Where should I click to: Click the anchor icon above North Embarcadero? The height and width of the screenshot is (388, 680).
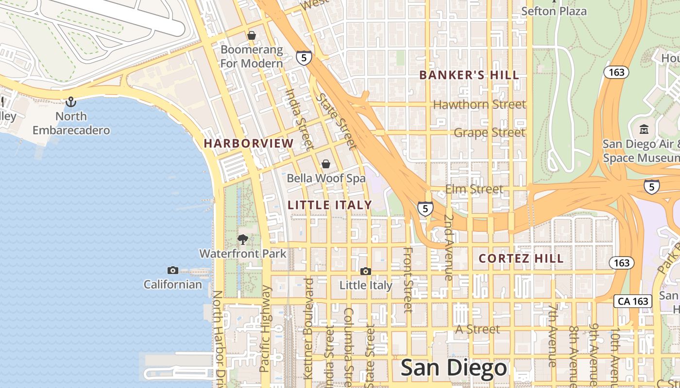click(x=71, y=102)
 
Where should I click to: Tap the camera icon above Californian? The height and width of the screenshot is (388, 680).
click(x=172, y=270)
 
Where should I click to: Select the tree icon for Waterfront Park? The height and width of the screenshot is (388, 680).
click(x=243, y=239)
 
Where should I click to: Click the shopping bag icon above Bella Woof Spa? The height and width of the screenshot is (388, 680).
click(x=326, y=164)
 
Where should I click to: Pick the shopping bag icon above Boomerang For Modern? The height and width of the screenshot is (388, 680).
click(x=252, y=35)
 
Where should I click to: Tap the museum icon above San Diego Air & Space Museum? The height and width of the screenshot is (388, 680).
click(x=644, y=129)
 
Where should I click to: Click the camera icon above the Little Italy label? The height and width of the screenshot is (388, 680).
click(x=366, y=271)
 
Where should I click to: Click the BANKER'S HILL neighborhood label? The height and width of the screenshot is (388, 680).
click(x=469, y=75)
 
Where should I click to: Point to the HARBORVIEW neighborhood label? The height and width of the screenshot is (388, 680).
click(x=249, y=144)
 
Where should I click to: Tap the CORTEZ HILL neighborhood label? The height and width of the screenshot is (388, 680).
click(x=521, y=259)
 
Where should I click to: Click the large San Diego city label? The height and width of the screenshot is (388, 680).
click(x=454, y=369)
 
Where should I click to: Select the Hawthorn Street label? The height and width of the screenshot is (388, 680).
click(x=479, y=104)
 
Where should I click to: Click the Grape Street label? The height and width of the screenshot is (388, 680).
click(x=489, y=132)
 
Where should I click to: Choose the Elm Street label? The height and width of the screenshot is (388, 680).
click(x=474, y=189)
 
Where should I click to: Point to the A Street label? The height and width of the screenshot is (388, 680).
click(x=477, y=329)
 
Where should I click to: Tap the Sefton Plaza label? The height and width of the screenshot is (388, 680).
click(x=554, y=11)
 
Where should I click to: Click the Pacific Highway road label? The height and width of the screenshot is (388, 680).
click(x=265, y=328)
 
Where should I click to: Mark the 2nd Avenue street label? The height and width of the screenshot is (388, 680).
click(x=449, y=247)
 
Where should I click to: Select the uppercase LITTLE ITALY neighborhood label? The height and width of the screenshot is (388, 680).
click(x=330, y=205)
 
